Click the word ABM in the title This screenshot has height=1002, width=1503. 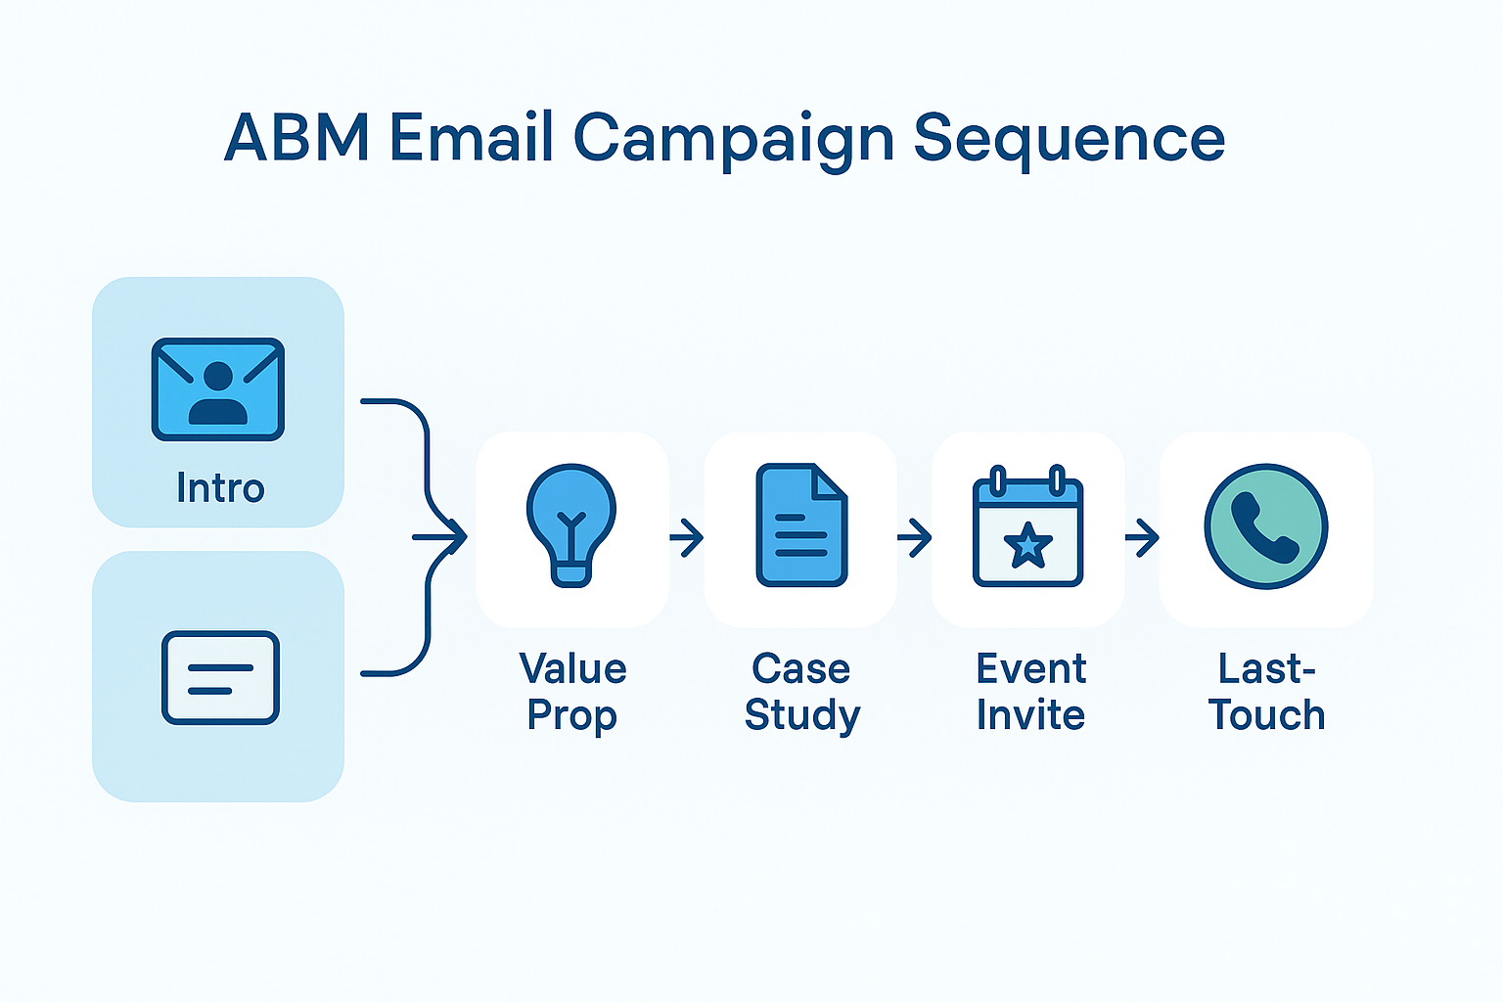(x=296, y=137)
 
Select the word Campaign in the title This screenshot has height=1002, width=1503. (x=733, y=139)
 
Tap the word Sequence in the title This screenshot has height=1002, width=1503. (x=1069, y=139)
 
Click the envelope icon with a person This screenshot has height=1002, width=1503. (x=218, y=389)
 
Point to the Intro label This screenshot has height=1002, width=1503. (x=220, y=487)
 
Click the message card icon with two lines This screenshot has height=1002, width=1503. (x=220, y=677)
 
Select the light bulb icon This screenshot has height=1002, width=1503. (x=571, y=524)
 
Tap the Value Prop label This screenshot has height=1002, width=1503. (x=572, y=692)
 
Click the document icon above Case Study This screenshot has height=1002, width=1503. (x=801, y=524)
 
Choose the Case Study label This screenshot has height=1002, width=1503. (x=801, y=692)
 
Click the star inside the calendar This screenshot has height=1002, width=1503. (x=1027, y=545)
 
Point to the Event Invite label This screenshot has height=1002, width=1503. (x=1030, y=692)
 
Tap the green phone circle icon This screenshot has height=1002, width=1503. (x=1265, y=526)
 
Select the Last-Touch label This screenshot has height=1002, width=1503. (x=1266, y=692)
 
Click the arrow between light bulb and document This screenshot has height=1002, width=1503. (x=687, y=537)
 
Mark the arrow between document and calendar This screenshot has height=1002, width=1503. (x=915, y=537)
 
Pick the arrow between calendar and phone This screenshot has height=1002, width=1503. (x=1142, y=537)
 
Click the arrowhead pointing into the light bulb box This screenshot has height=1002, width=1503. (x=456, y=536)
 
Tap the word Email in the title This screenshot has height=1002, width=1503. (x=472, y=137)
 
